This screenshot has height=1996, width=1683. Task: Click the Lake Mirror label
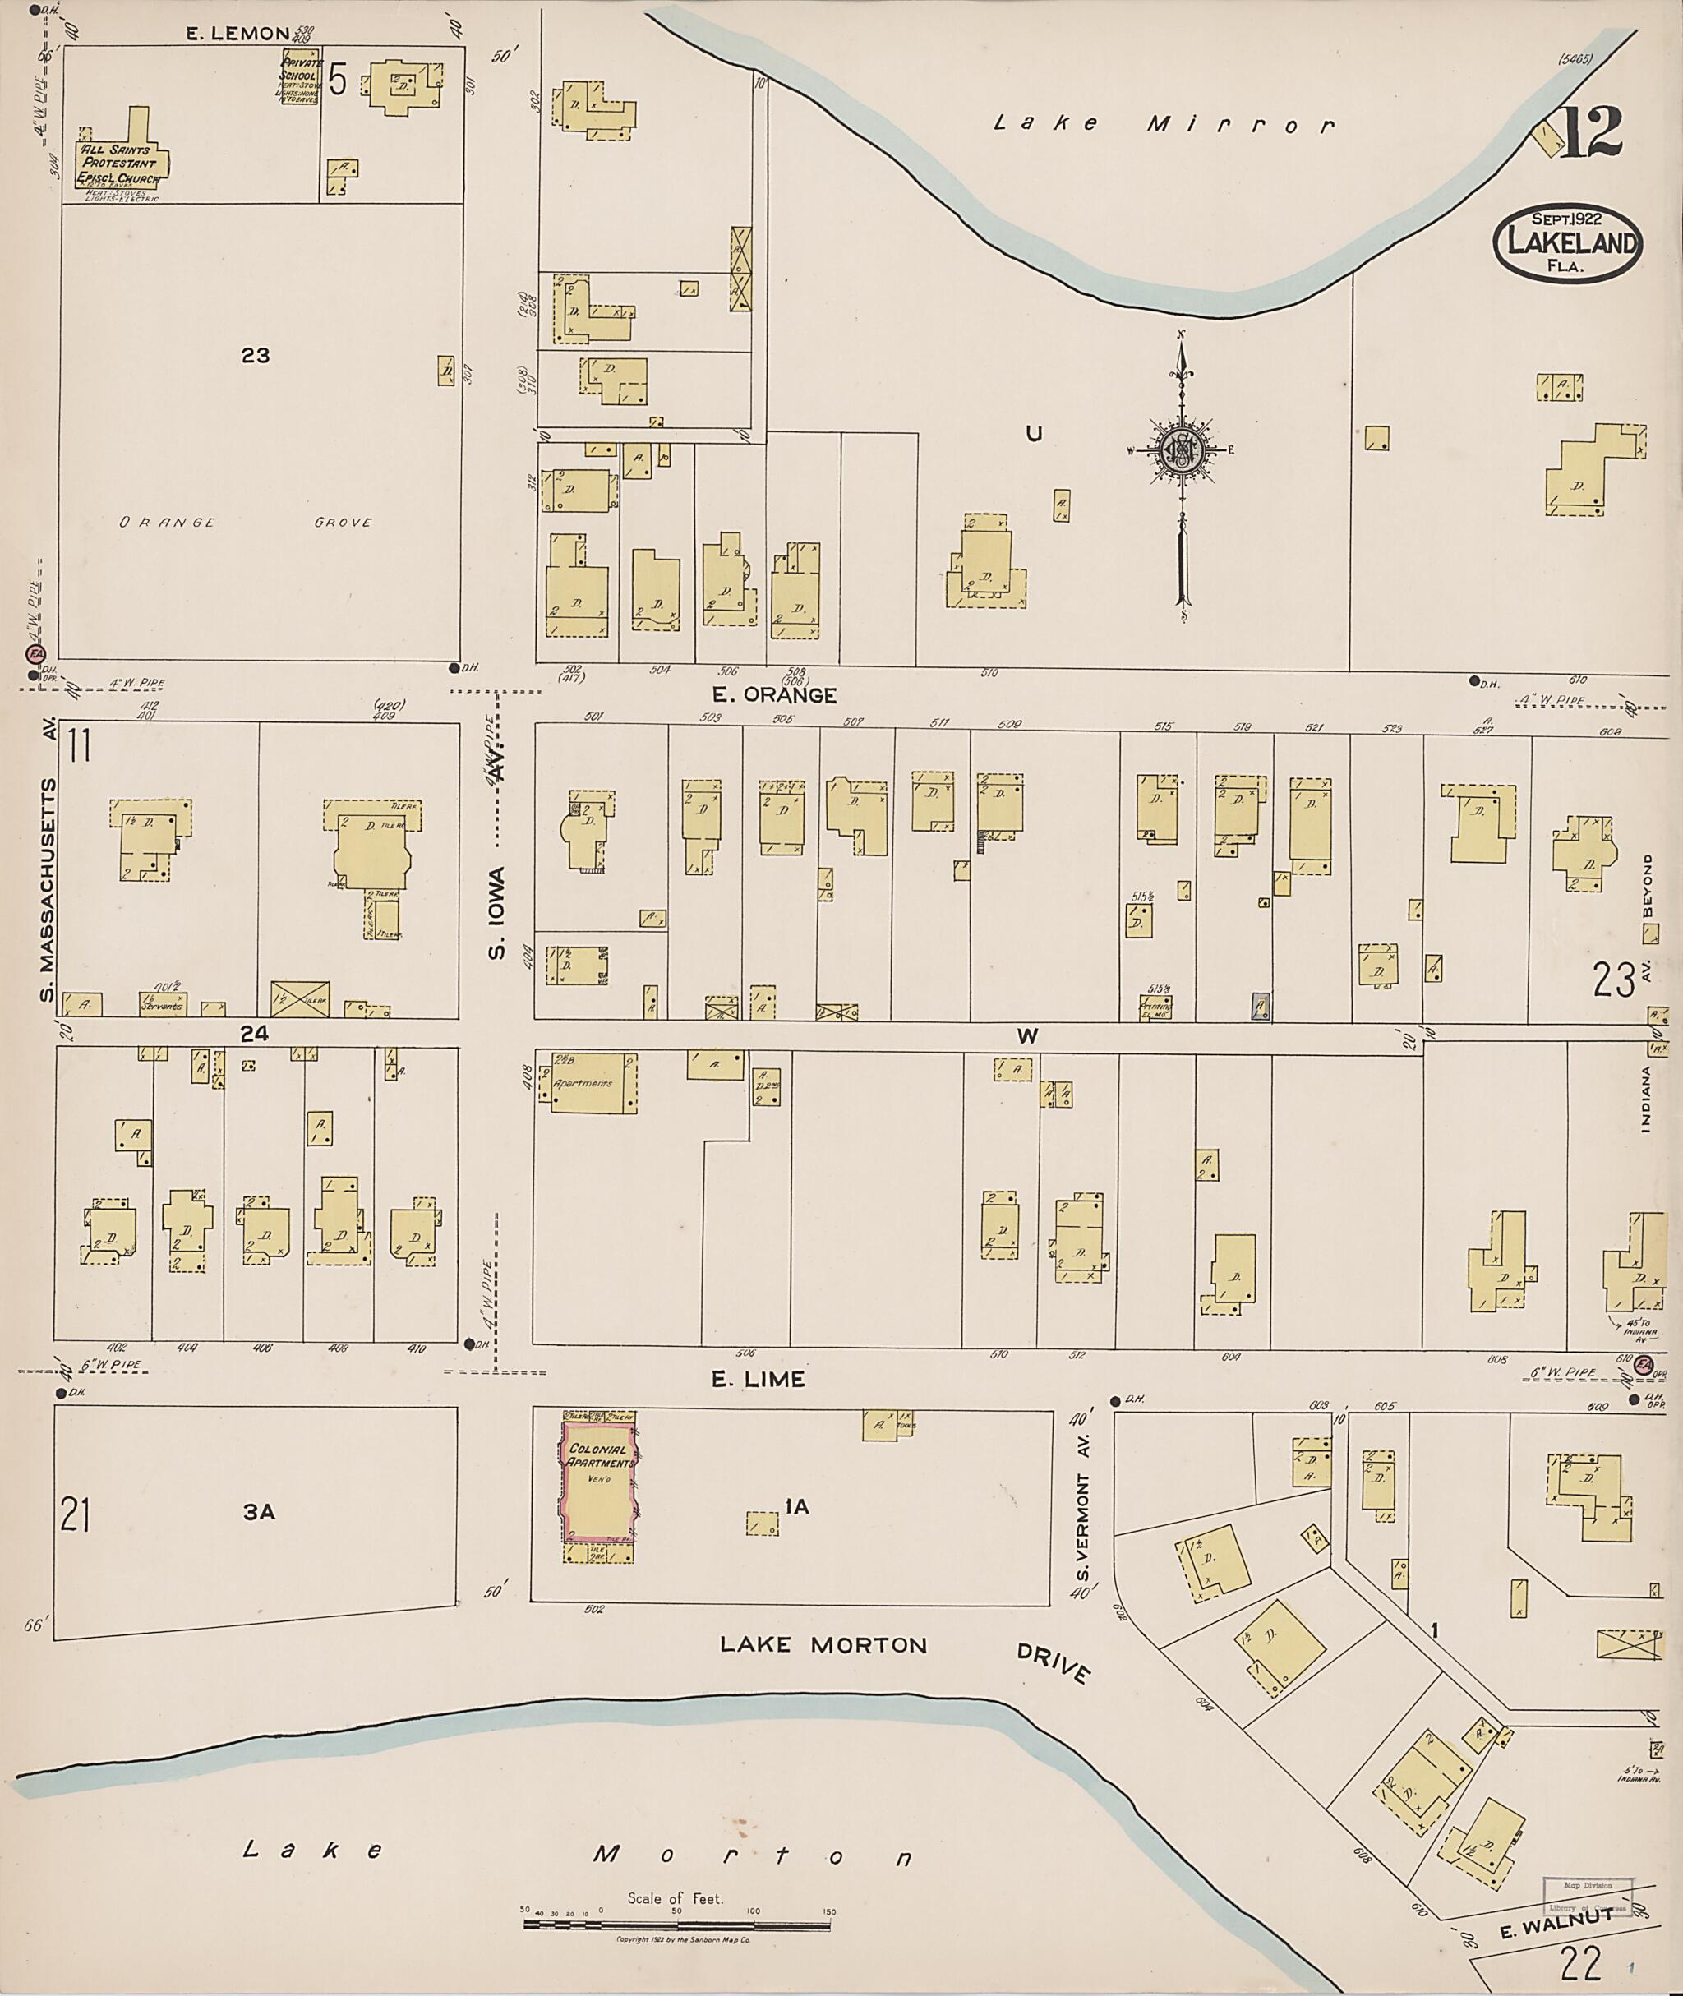pyautogui.click(x=1163, y=124)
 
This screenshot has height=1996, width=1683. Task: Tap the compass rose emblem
pyautogui.click(x=1182, y=449)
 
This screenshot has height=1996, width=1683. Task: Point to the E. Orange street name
pyautogui.click(x=790, y=695)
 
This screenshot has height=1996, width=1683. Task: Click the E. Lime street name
pyautogui.click(x=769, y=1380)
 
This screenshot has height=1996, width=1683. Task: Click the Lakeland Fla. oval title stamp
pyautogui.click(x=1568, y=244)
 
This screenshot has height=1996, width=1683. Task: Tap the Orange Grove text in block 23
pyautogui.click(x=245, y=523)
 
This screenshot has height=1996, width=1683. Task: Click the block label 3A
pyautogui.click(x=259, y=1512)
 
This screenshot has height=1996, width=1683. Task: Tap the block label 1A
pyautogui.click(x=796, y=1506)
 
